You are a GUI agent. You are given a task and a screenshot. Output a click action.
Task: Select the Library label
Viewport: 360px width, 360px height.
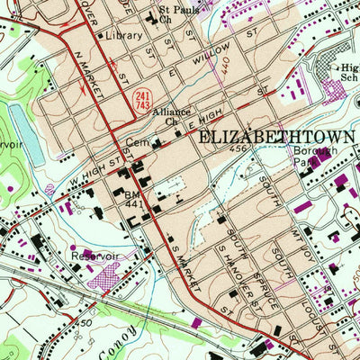[x=123, y=36]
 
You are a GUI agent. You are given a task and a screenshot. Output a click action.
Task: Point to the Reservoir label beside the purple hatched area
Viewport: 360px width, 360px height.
[x=94, y=256]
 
